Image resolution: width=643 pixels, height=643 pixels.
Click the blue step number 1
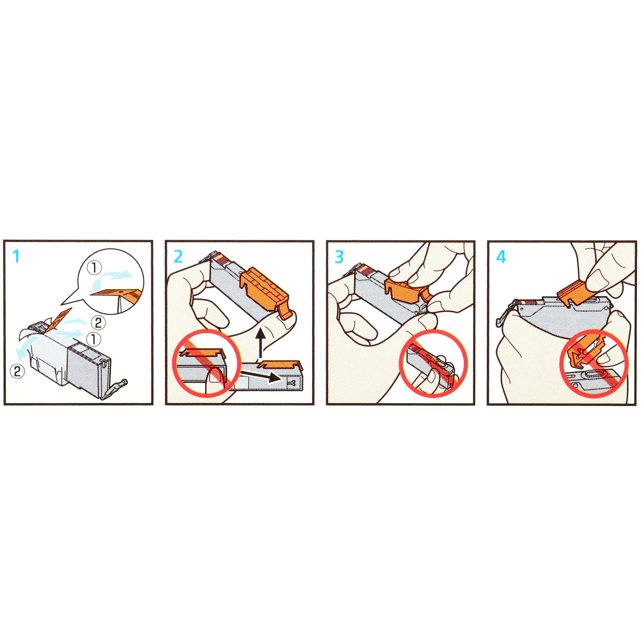[16, 256]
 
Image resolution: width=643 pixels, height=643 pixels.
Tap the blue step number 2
[178, 257]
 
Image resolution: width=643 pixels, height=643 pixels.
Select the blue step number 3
[339, 257]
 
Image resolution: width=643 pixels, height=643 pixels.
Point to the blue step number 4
[501, 257]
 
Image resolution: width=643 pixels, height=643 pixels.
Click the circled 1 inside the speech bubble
[94, 268]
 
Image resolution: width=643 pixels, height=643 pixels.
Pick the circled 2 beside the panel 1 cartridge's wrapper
[17, 371]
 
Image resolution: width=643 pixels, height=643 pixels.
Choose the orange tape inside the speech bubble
[117, 293]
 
